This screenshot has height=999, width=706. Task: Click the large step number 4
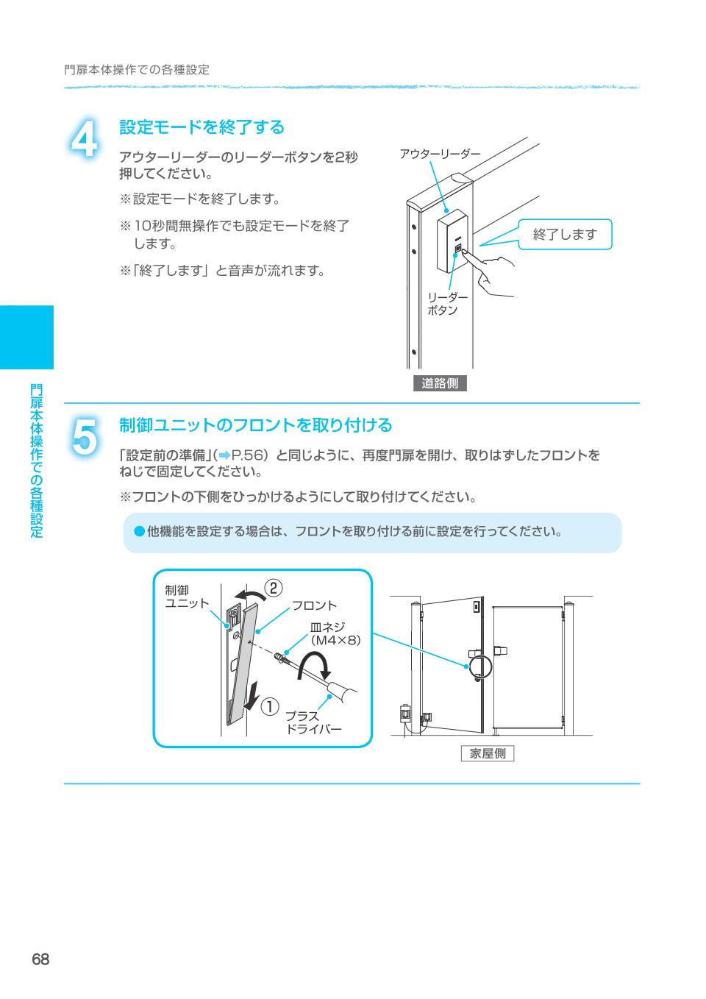[85, 138]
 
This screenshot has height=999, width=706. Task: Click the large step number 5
[85, 437]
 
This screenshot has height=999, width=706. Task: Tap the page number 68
[40, 959]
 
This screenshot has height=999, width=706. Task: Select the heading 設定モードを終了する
[202, 127]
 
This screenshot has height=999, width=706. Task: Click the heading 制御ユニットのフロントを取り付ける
[255, 425]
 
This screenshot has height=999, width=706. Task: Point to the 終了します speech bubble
[565, 234]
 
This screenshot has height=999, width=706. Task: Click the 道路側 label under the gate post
[440, 383]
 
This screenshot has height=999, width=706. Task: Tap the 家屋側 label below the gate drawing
[487, 753]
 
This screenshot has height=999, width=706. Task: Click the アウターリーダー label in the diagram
[440, 154]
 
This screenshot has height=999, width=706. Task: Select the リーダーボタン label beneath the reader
[447, 304]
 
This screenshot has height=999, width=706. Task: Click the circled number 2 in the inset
[274, 589]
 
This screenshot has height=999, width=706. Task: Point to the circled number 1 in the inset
[270, 707]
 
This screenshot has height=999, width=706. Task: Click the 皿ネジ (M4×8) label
[335, 633]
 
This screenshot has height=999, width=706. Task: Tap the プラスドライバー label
[313, 722]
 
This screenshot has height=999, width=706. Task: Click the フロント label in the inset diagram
[314, 605]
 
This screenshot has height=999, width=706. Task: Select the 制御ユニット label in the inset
[187, 597]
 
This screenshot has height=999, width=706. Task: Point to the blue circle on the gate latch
[479, 666]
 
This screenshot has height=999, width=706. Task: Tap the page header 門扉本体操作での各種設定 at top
[136, 70]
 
